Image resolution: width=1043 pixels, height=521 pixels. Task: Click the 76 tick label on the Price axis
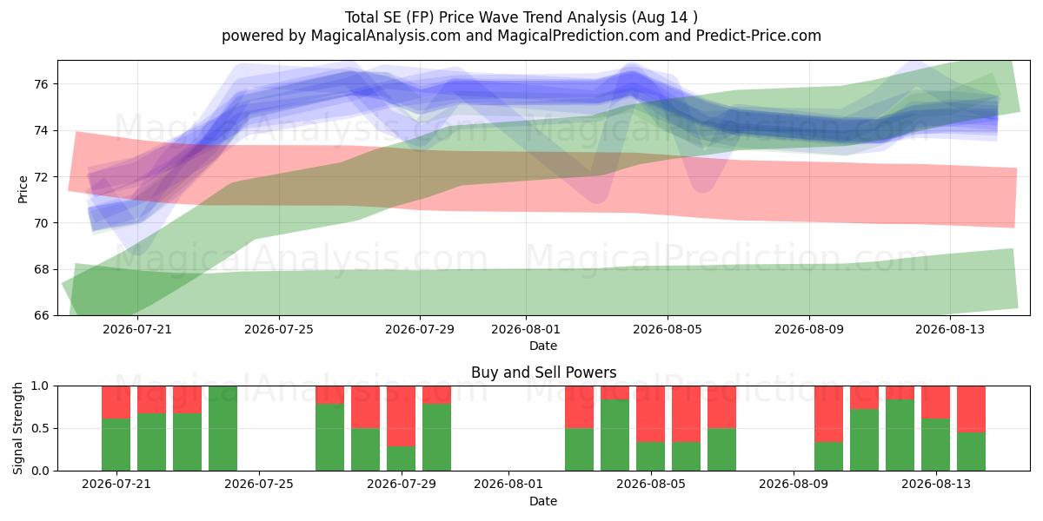click(x=41, y=84)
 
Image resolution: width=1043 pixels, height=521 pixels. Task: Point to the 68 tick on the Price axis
click(x=41, y=269)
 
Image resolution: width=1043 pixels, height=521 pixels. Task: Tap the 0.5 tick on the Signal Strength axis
click(x=40, y=428)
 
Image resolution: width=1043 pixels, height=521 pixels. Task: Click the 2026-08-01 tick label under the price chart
click(x=526, y=329)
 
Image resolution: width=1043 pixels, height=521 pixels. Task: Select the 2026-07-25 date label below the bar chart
click(x=259, y=485)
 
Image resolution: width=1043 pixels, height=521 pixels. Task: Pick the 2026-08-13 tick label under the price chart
click(x=950, y=329)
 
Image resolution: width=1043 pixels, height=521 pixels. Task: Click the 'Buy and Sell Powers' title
click(x=543, y=373)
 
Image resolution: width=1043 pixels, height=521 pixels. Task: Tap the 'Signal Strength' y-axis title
click(x=17, y=428)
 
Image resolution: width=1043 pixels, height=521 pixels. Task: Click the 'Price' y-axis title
click(x=23, y=189)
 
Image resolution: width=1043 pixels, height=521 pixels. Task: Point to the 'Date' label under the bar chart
click(x=543, y=501)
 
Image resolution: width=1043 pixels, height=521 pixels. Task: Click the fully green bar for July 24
click(x=223, y=428)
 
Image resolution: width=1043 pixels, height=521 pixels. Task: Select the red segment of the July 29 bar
click(x=401, y=416)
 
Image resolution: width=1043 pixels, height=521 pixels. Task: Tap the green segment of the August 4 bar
click(x=615, y=435)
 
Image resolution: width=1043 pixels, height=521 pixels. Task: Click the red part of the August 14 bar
click(x=972, y=409)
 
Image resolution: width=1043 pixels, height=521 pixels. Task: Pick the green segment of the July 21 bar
click(x=116, y=445)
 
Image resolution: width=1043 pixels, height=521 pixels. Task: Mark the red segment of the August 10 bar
click(x=829, y=414)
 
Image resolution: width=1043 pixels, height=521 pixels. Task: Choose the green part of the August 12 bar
click(x=900, y=435)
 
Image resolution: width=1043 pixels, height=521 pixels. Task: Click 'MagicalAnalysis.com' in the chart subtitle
click(x=386, y=36)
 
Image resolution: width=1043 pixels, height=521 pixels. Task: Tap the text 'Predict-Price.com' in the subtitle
click(x=759, y=36)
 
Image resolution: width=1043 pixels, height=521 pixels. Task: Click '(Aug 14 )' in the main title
click(x=664, y=17)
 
